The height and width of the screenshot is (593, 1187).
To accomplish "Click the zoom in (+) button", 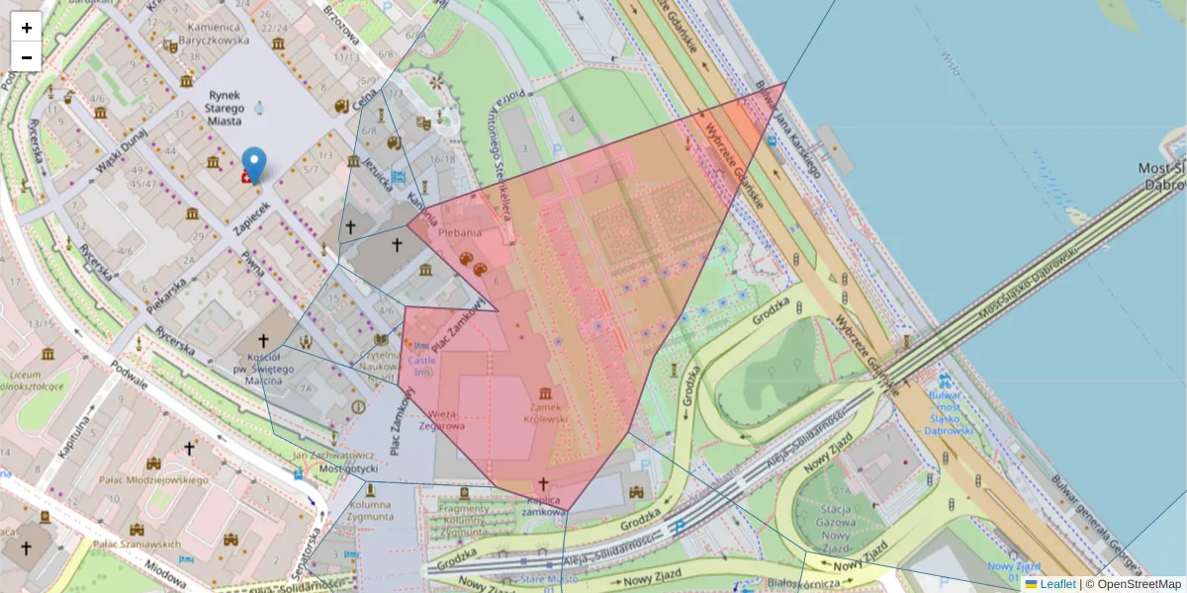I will (x=27, y=28).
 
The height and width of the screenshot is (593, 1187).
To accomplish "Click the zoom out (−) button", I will (x=27, y=57).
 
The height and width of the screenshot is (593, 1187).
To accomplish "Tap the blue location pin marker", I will (x=254, y=165).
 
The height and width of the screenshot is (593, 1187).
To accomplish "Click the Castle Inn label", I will (x=422, y=367).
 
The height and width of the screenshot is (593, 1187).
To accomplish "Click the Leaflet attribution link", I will (x=1056, y=584).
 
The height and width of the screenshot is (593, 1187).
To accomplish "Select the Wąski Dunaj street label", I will (x=121, y=159).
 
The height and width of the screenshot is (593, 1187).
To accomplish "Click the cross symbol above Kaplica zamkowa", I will (x=542, y=484).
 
